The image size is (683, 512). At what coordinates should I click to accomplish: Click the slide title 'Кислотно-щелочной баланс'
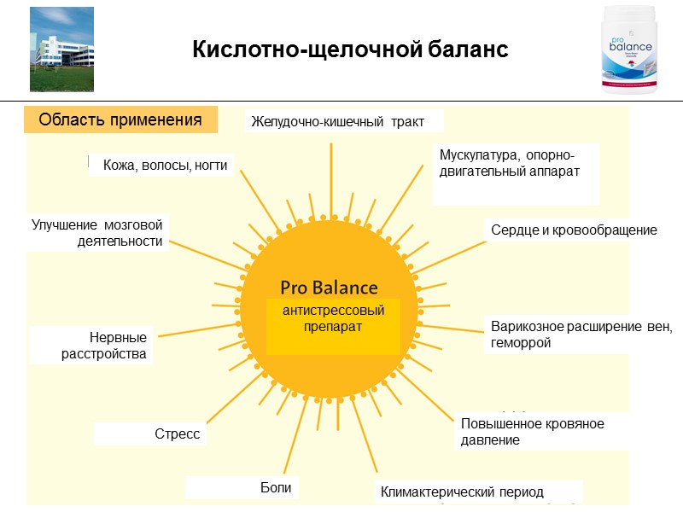(350, 50)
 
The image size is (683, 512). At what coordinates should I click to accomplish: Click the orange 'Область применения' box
(120, 120)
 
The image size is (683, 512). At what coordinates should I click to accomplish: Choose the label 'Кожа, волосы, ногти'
(165, 166)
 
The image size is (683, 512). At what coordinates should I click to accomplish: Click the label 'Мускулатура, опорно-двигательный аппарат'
(509, 163)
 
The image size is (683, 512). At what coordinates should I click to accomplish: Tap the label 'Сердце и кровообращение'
(574, 230)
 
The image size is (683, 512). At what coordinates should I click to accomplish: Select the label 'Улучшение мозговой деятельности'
(97, 233)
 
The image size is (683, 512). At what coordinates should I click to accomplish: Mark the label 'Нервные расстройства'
(104, 346)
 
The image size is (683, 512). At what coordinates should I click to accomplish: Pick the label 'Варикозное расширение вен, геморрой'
(581, 335)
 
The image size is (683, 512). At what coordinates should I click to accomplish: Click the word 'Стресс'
(177, 434)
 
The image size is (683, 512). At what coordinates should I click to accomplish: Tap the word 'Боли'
(276, 488)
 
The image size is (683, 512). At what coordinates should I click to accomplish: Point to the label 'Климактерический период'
(462, 492)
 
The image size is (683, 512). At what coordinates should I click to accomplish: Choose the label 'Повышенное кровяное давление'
(532, 432)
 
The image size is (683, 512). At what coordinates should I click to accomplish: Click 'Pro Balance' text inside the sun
(329, 288)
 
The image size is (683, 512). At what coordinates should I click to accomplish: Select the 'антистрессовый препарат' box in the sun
(333, 319)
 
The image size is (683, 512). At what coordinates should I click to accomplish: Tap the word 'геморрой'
(521, 343)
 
